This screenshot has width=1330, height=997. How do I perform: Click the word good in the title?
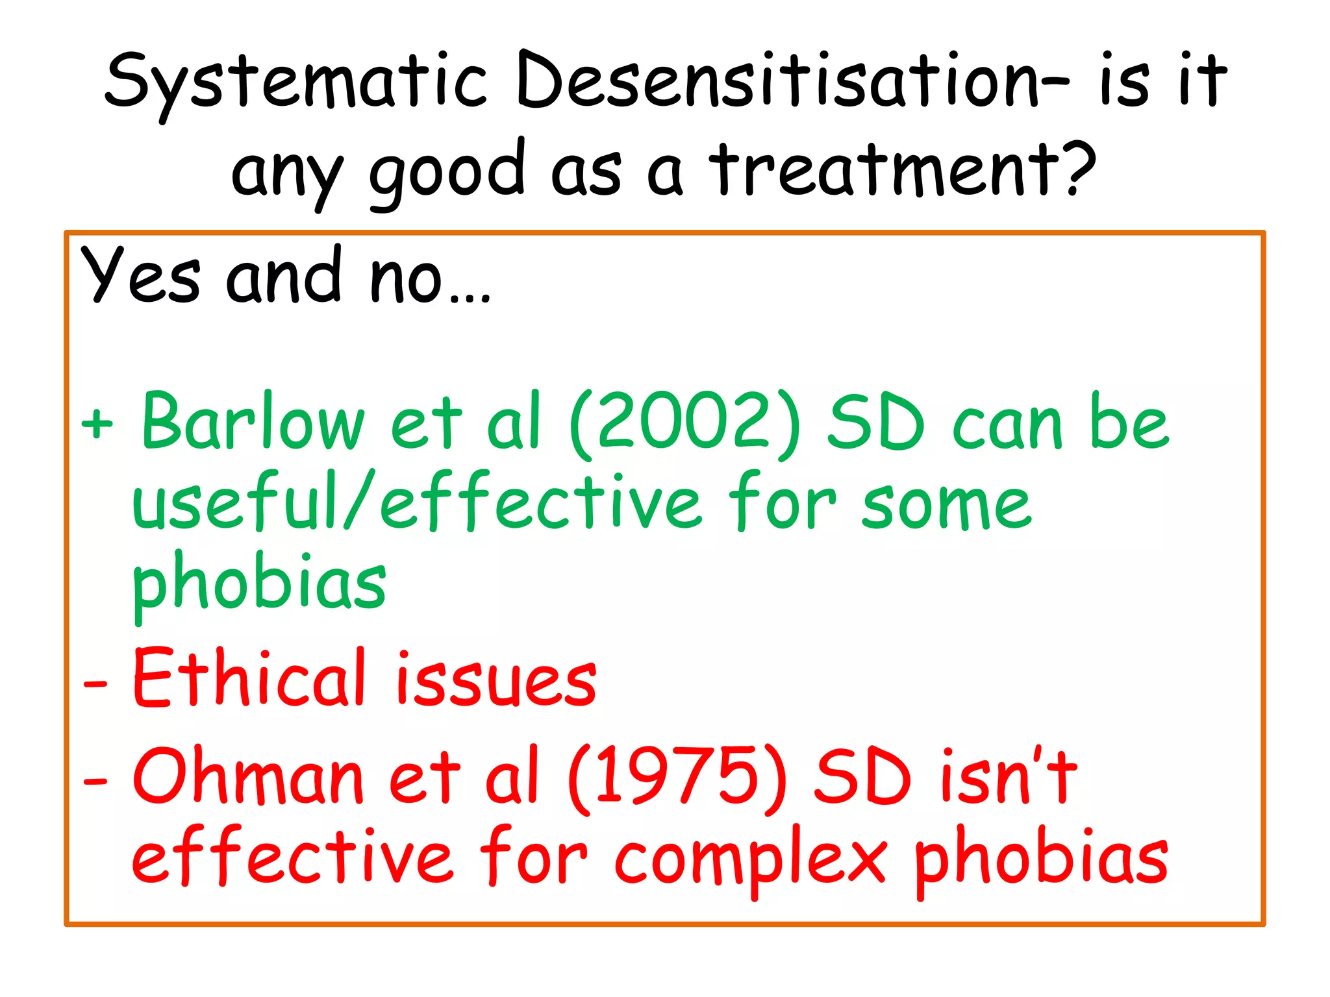point(447,171)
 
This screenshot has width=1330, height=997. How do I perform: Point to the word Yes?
point(140,275)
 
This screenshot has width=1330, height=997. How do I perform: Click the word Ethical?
point(250,678)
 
